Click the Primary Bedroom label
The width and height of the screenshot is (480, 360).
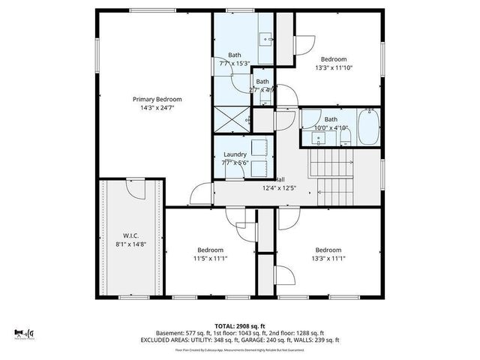pos(157,99)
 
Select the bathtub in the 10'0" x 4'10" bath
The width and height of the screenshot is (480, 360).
pos(368,127)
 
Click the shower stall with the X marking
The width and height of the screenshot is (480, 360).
pos(232,117)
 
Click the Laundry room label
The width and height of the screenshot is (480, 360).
pos(235,154)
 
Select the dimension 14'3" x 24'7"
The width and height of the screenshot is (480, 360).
pos(157,108)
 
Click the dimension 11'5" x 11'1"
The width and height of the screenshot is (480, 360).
pos(211,259)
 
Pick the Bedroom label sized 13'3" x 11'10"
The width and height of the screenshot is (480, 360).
pos(334,59)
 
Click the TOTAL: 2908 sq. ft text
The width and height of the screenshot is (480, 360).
pos(240,326)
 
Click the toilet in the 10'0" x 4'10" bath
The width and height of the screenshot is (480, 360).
pos(310,138)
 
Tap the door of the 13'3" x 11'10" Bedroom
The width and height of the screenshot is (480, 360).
pos(303,46)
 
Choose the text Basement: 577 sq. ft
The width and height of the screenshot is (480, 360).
pos(179,333)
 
